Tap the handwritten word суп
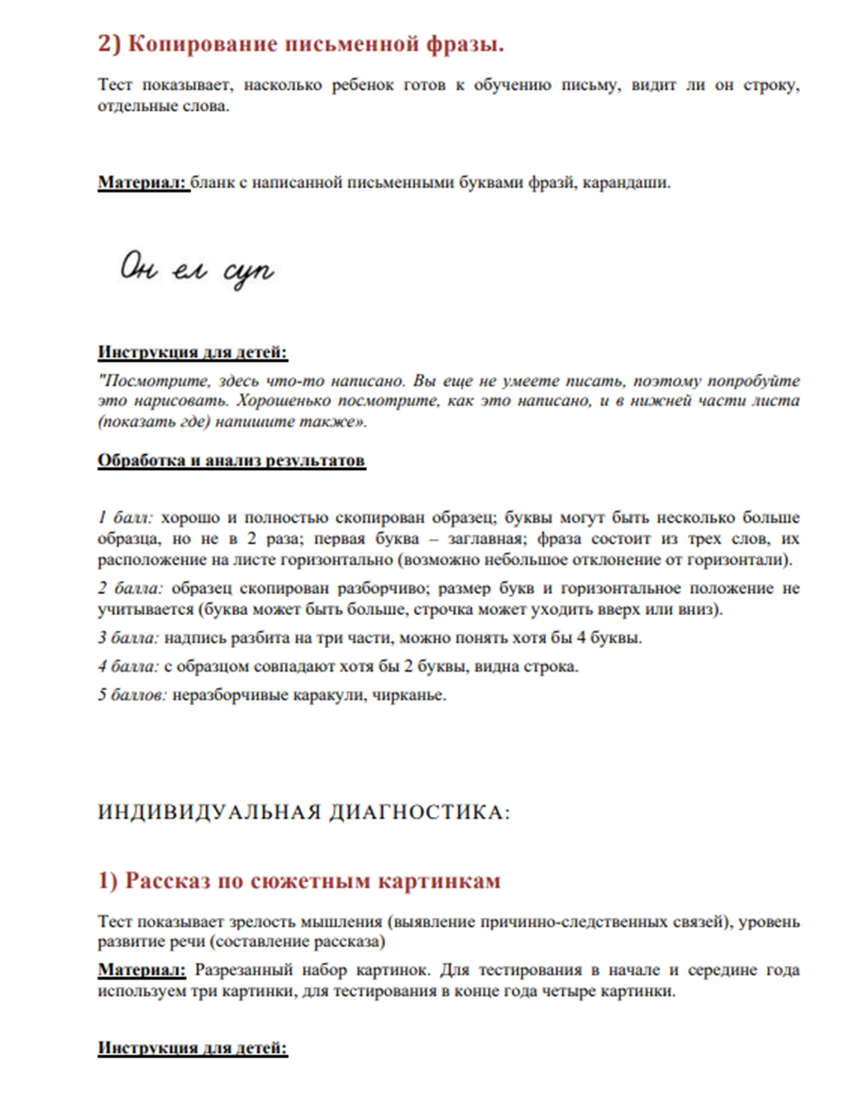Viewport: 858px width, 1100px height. (x=249, y=273)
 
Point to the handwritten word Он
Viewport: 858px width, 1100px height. (x=139, y=268)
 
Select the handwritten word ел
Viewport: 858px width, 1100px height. (x=188, y=270)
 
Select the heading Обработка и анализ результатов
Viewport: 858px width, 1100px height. (x=232, y=461)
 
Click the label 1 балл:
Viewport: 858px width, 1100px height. (x=126, y=518)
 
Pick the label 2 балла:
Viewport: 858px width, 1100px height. (x=130, y=588)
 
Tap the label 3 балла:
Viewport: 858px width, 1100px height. (x=129, y=638)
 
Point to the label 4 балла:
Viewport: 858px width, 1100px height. (x=129, y=666)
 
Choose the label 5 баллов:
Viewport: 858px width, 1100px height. (x=132, y=695)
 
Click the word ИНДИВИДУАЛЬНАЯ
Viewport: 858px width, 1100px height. (x=207, y=812)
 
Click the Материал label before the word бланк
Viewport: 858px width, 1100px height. (x=143, y=183)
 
